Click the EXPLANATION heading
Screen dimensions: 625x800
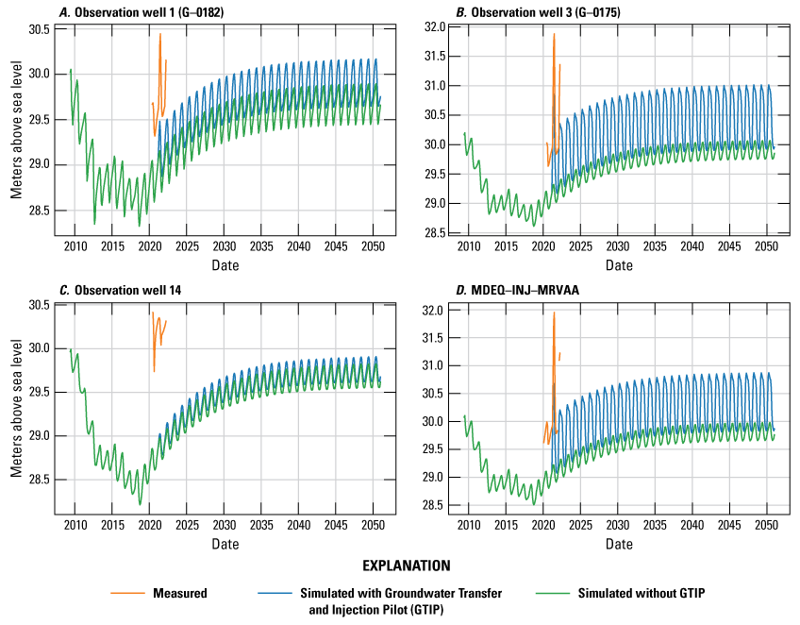click(400, 566)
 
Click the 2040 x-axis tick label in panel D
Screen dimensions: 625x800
click(692, 524)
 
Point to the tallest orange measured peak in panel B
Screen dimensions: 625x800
click(554, 35)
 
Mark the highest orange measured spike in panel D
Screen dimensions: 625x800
click(554, 312)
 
